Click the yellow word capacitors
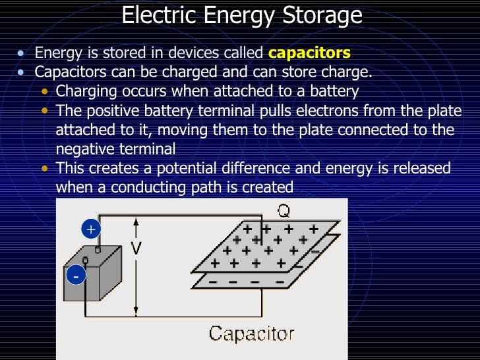pyautogui.click(x=309, y=53)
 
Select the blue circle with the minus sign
pyautogui.click(x=75, y=276)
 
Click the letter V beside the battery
pyautogui.click(x=136, y=249)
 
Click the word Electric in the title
pyautogui.click(x=155, y=15)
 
